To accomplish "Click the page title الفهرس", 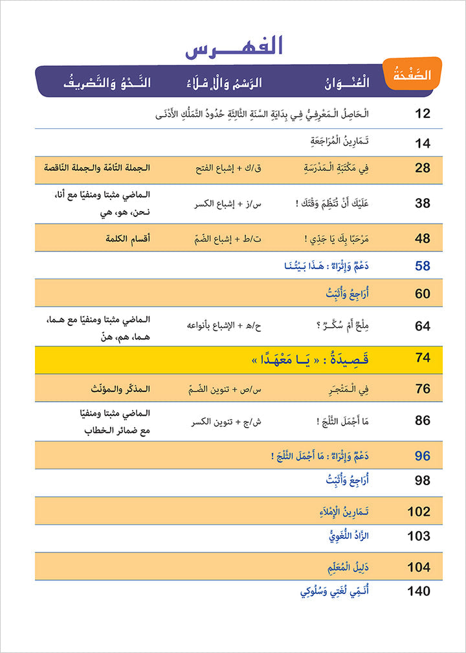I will coord(234,50).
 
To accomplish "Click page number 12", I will coord(423,114).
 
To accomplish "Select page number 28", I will coord(423,168).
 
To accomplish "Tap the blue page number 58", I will coord(423,266).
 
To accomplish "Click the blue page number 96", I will coord(423,456).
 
